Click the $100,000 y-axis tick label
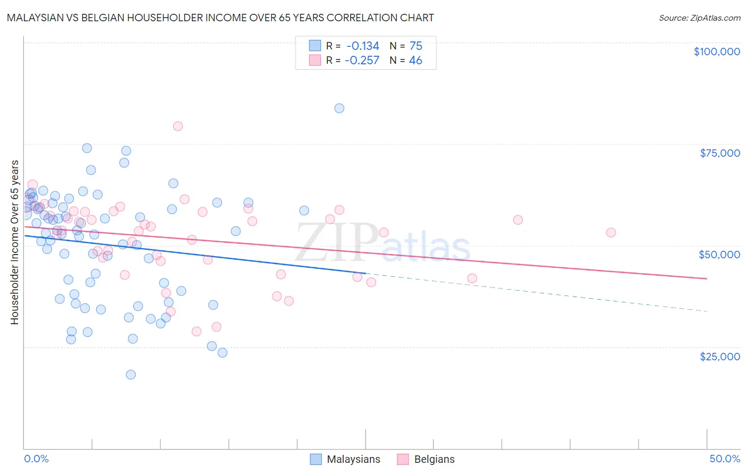pos(717,52)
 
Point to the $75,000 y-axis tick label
pos(720,153)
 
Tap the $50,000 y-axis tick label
pos(719,255)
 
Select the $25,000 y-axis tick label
pos(720,357)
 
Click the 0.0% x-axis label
pos(36,459)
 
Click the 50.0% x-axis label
pos(725,459)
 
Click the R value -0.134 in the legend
pos(362,46)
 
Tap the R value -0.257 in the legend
pos(362,61)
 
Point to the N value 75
pos(416,46)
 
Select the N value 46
pos(416,61)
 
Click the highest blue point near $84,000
pos(339,108)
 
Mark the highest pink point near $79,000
pos(178,126)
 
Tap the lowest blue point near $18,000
pos(131,375)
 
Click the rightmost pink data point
pos(611,232)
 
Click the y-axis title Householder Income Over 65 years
pos(15,242)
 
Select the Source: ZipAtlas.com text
pos(699,18)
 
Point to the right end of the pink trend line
pos(707,278)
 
